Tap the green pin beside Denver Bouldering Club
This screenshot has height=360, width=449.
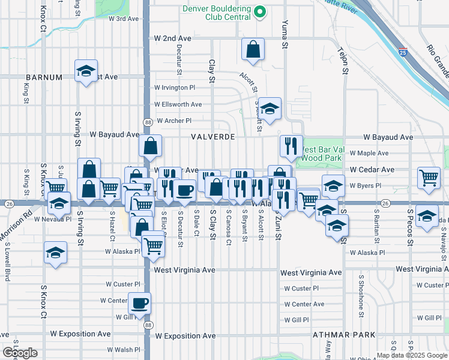260,11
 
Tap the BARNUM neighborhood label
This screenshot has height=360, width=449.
44,77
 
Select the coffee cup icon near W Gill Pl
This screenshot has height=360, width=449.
140,304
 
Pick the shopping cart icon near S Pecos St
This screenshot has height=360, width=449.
429,178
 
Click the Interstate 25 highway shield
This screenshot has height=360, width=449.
403,52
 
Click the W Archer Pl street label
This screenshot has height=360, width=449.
173,121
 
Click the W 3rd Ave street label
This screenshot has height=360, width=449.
123,19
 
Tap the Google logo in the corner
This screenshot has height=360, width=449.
20,352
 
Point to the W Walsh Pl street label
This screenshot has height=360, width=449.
123,350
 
